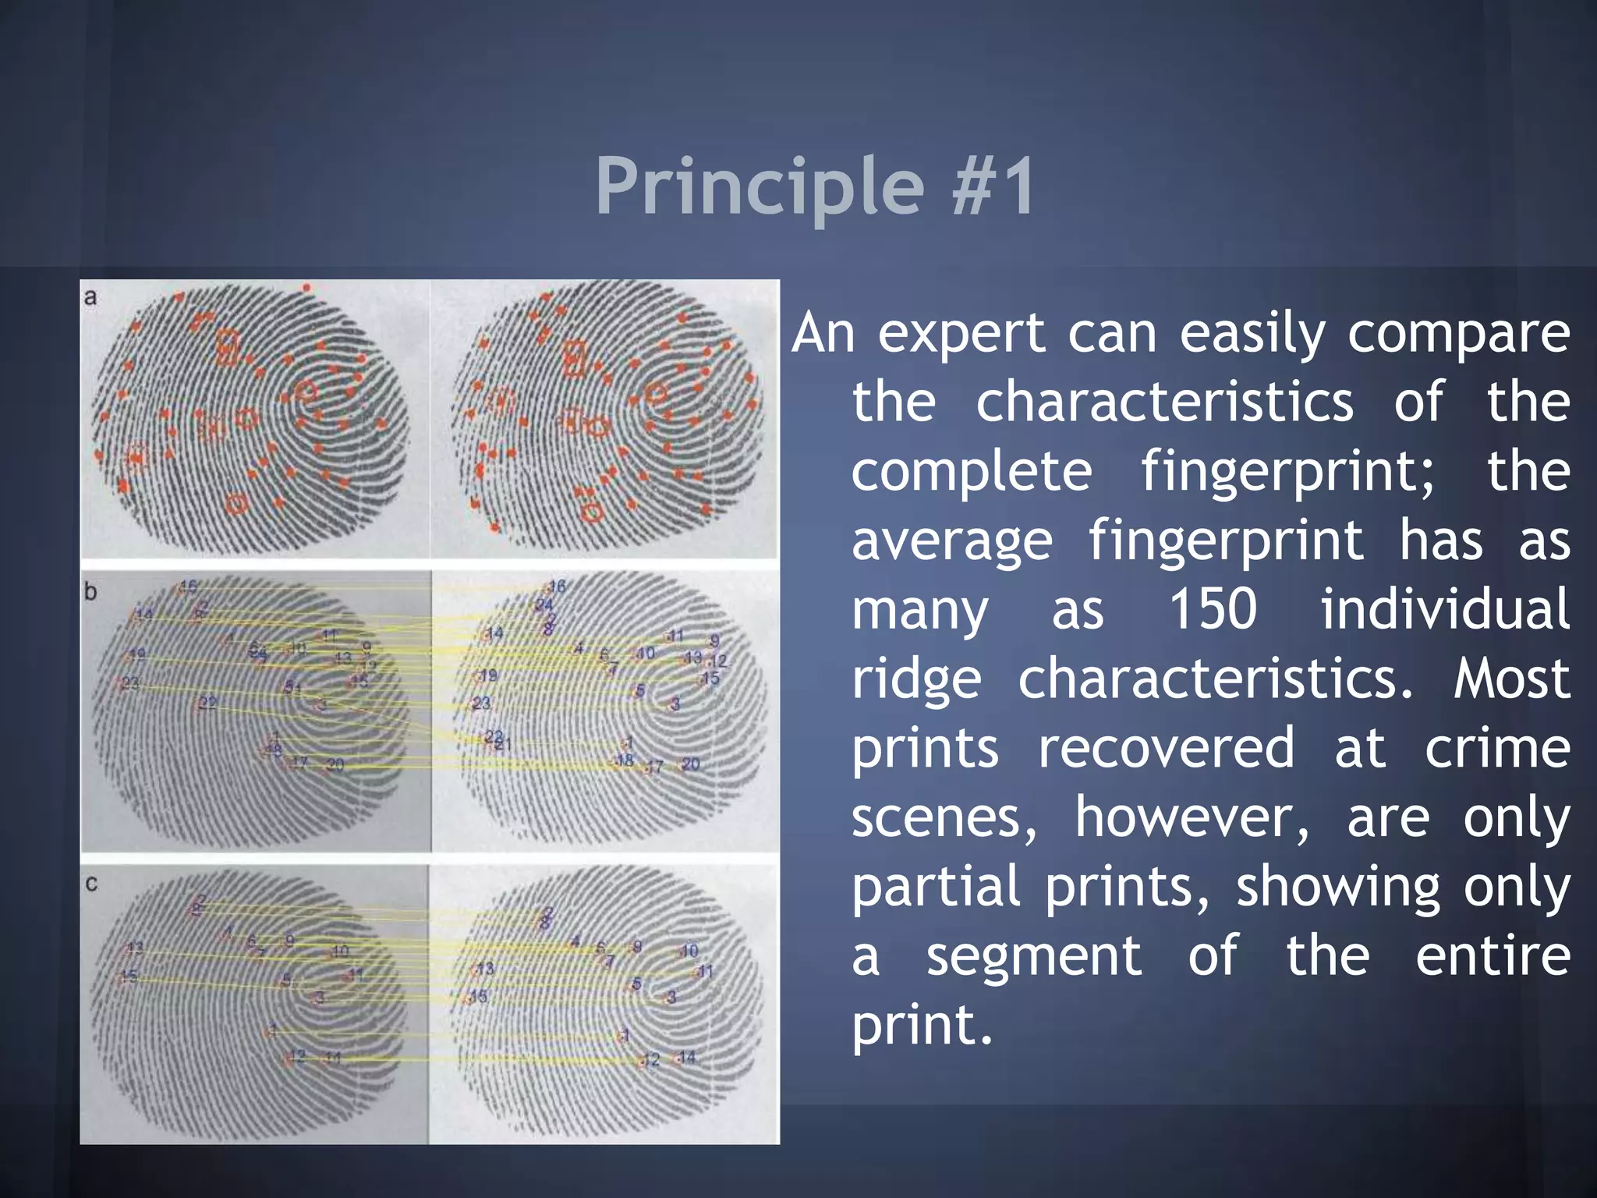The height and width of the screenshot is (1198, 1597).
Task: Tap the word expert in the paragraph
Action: pos(961,334)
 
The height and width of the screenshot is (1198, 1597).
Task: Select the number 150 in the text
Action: pos(1213,609)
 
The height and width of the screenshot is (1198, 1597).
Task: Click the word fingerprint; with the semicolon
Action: pos(1287,472)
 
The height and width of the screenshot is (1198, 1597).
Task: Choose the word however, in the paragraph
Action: pos(1192,817)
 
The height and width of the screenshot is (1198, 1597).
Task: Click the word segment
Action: pos(1033,956)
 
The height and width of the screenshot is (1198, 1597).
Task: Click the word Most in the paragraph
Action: pos(1511,679)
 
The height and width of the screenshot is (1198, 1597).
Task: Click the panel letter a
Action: pos(90,297)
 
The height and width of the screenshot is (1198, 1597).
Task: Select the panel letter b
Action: pos(90,592)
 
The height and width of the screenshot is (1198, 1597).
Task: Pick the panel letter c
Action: pos(91,884)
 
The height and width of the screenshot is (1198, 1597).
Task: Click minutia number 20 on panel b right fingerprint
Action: pos(690,764)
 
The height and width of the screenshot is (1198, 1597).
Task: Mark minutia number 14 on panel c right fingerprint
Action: pos(686,1057)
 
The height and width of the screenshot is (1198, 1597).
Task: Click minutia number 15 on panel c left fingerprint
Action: pos(129,976)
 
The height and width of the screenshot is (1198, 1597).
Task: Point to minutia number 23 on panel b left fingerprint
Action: pos(130,683)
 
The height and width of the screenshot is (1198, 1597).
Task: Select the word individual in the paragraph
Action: pos(1444,609)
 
